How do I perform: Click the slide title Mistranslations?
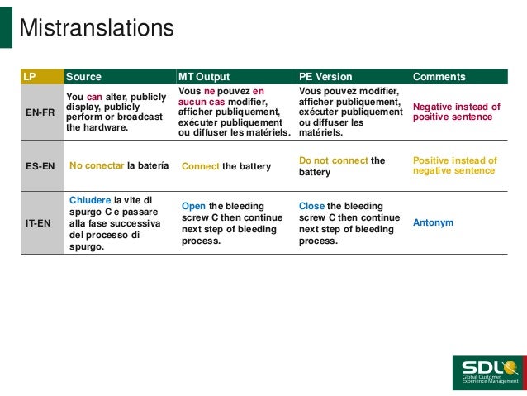[x=96, y=28]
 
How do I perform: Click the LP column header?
[x=30, y=77]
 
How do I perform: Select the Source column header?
[x=83, y=77]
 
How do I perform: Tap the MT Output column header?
[x=204, y=77]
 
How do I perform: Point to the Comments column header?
[x=439, y=77]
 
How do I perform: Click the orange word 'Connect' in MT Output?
[x=201, y=166]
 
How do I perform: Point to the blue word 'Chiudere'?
[x=90, y=200]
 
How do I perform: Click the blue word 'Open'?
[x=194, y=206]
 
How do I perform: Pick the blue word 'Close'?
[x=311, y=206]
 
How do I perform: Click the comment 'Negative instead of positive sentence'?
[x=456, y=112]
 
